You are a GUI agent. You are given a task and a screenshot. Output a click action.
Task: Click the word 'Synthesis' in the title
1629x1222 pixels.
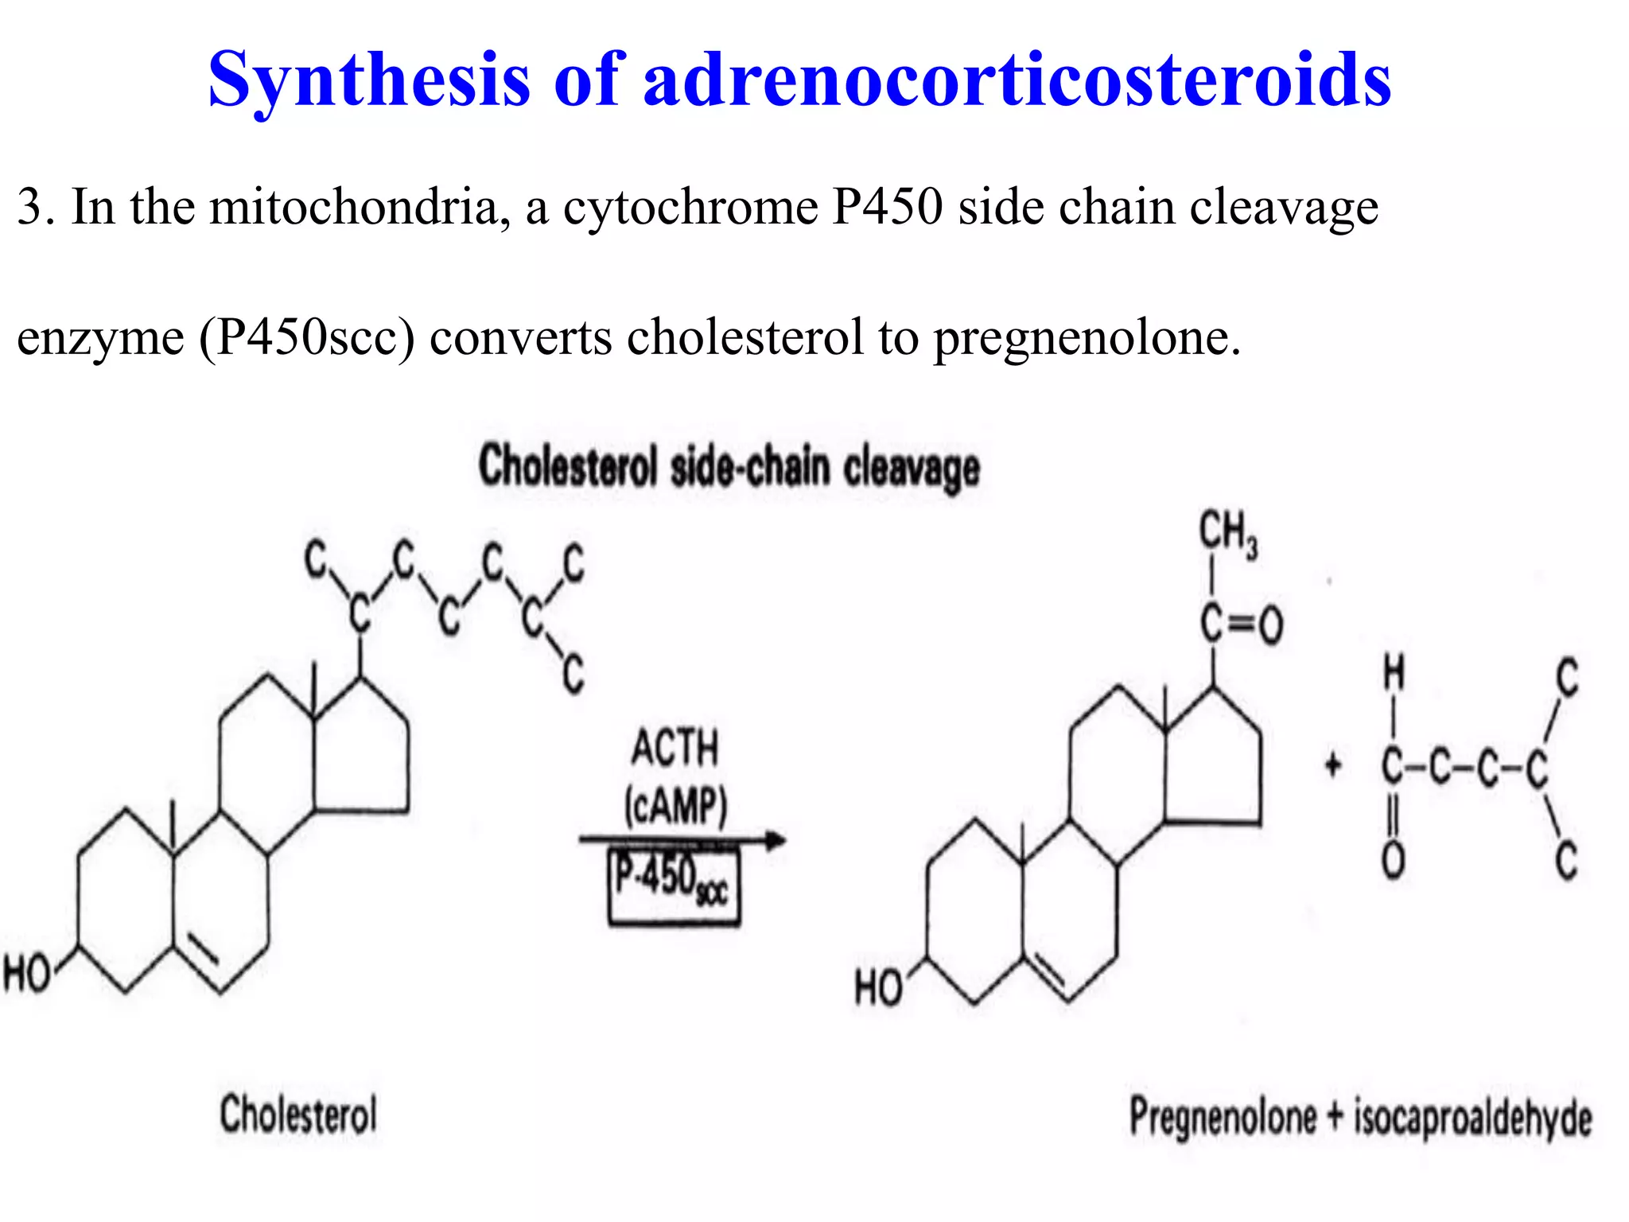click(x=369, y=80)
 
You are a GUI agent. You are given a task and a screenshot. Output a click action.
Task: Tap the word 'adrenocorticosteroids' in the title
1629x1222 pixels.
click(x=1017, y=80)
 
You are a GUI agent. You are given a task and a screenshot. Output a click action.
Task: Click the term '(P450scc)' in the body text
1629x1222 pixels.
click(x=307, y=337)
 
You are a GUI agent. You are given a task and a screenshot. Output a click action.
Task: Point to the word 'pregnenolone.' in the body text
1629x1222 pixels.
click(x=1087, y=337)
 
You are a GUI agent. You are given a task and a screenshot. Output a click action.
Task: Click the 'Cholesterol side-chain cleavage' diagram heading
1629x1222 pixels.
click(x=729, y=468)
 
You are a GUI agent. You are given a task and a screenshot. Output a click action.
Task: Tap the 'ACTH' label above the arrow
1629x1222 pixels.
click(x=675, y=748)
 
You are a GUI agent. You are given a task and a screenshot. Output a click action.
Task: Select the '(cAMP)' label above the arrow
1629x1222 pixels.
click(x=675, y=805)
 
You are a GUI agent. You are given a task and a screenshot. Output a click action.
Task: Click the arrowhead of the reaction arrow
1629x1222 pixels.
click(x=775, y=839)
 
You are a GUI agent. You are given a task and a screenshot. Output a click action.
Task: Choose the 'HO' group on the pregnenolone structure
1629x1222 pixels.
click(x=877, y=987)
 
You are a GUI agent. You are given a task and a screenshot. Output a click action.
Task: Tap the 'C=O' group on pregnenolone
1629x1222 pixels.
click(x=1242, y=623)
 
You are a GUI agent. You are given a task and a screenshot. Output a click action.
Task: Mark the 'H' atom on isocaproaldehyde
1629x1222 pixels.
click(x=1394, y=673)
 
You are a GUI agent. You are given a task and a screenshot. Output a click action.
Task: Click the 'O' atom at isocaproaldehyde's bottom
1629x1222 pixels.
click(x=1393, y=860)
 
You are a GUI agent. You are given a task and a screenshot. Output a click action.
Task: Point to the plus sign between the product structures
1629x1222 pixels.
click(x=1333, y=766)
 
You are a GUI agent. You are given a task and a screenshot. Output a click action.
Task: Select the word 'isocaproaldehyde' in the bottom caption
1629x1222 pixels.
click(x=1473, y=1118)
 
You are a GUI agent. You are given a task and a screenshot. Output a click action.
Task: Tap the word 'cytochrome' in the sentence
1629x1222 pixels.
click(x=690, y=208)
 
